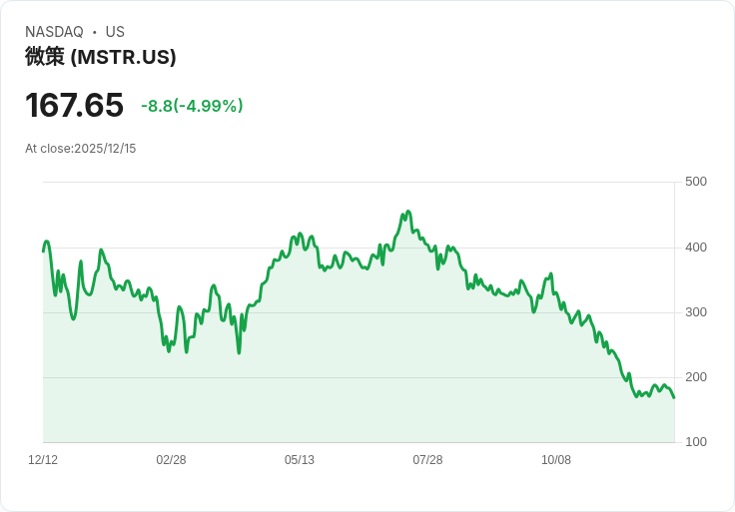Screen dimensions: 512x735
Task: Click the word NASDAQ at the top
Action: (x=54, y=32)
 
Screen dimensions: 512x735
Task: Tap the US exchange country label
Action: (x=115, y=32)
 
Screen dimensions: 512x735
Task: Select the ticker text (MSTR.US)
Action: (x=123, y=57)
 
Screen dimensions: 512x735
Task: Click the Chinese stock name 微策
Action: (x=45, y=57)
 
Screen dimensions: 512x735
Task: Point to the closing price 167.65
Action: (x=74, y=105)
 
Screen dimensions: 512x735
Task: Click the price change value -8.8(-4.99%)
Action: (x=192, y=106)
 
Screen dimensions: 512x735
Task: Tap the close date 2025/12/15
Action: (x=105, y=149)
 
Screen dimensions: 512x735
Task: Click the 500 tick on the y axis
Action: (x=695, y=182)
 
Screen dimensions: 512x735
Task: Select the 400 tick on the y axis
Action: (x=695, y=248)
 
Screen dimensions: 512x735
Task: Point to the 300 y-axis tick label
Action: (x=695, y=312)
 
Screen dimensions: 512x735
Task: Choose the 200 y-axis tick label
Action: (x=695, y=377)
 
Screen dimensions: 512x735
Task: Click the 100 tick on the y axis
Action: (x=695, y=442)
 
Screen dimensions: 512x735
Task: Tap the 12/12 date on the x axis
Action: (x=43, y=460)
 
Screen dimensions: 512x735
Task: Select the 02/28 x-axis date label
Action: (x=171, y=460)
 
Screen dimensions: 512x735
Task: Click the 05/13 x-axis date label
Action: (x=300, y=460)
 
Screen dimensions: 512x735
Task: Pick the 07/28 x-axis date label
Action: (x=427, y=460)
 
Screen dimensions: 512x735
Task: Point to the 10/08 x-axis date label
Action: (x=556, y=460)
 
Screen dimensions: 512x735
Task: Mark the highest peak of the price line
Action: (x=407, y=212)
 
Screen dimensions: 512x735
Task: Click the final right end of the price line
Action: (x=674, y=397)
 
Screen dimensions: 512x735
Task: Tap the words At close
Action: (x=48, y=149)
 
